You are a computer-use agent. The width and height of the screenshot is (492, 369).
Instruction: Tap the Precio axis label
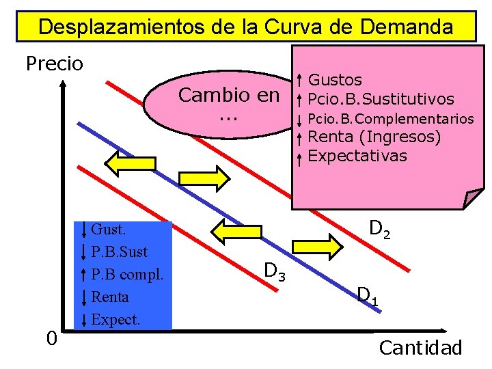click(54, 64)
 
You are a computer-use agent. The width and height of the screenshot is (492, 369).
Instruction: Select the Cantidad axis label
click(420, 348)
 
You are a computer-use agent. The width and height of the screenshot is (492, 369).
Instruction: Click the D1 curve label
click(368, 296)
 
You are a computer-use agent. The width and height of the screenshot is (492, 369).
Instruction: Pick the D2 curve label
click(380, 229)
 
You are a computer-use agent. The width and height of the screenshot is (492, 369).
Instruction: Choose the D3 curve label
click(275, 273)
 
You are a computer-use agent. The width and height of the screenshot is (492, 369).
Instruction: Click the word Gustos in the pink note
click(336, 81)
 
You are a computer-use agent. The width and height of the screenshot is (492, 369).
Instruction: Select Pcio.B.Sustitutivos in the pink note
click(381, 99)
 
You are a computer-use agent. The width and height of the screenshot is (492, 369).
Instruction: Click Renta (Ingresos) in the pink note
click(374, 137)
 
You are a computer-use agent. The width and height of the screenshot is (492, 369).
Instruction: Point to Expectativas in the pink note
click(357, 156)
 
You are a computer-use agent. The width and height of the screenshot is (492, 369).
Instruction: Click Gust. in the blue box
click(108, 229)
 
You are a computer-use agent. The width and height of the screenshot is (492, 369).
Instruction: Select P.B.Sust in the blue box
click(119, 251)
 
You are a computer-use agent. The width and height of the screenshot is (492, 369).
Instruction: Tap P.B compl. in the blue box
click(127, 274)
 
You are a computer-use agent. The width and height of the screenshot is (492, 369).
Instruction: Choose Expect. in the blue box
click(115, 319)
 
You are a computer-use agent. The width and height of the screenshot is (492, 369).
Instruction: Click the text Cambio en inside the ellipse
click(228, 96)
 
